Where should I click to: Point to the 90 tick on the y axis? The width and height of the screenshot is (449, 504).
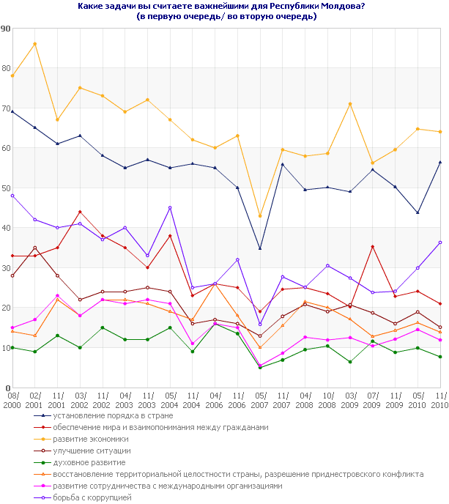pyautogui.click(x=6, y=29)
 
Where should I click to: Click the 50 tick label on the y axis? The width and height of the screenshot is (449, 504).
pyautogui.click(x=6, y=188)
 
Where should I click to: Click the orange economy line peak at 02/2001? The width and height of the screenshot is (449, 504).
pyautogui.click(x=34, y=44)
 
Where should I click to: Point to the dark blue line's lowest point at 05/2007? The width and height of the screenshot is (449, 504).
pyautogui.click(x=260, y=248)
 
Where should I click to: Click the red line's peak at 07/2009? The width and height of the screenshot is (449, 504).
pyautogui.click(x=373, y=247)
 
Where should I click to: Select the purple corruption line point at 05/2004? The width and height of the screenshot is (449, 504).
pyautogui.click(x=170, y=208)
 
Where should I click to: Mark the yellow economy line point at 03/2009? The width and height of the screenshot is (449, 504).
pyautogui.click(x=350, y=104)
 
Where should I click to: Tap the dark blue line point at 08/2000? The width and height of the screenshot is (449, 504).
pyautogui.click(x=12, y=111)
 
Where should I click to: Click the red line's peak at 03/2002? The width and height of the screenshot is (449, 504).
pyautogui.click(x=80, y=212)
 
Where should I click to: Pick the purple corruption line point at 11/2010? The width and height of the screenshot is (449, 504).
pyautogui.click(x=440, y=242)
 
